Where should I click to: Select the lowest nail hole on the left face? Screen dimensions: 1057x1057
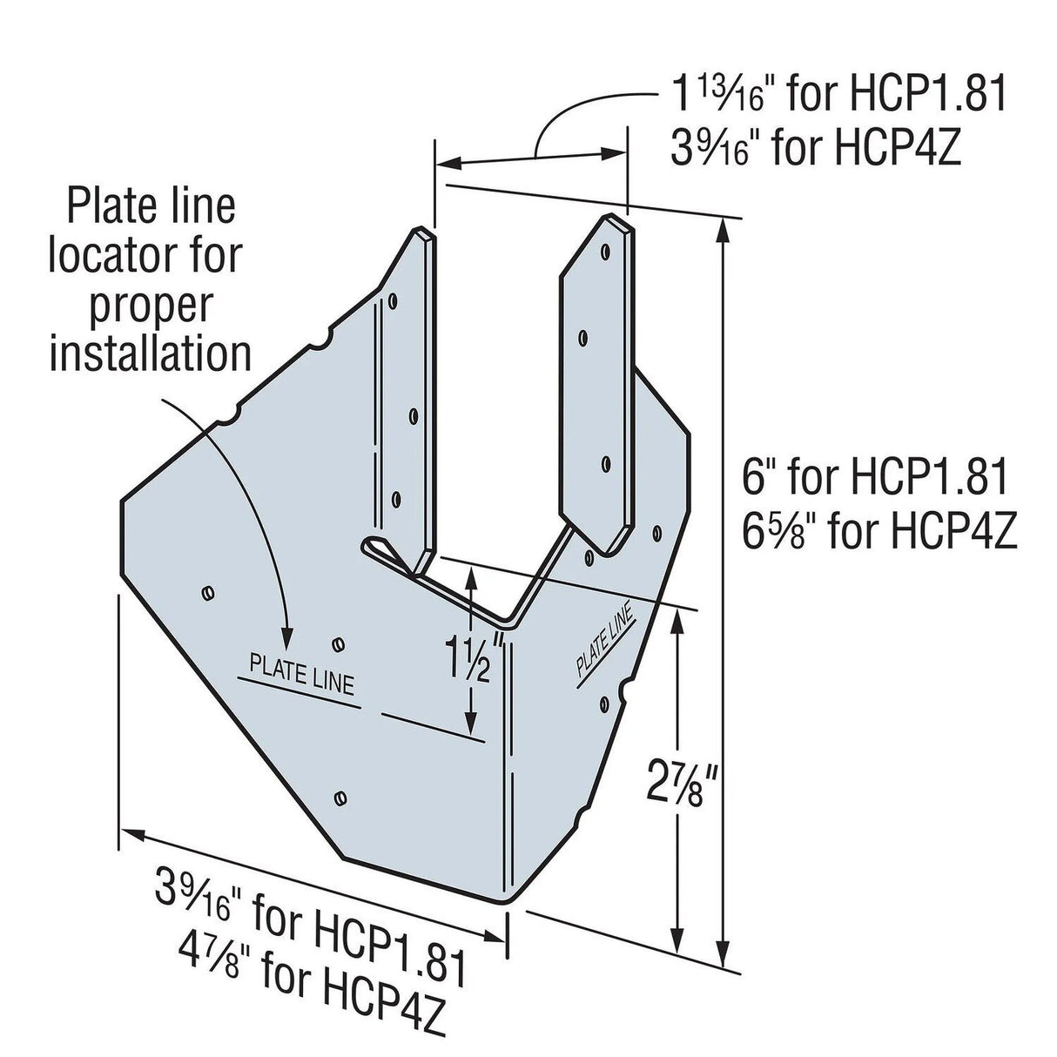coord(341,796)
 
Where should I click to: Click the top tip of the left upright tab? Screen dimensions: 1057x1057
coord(421,232)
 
